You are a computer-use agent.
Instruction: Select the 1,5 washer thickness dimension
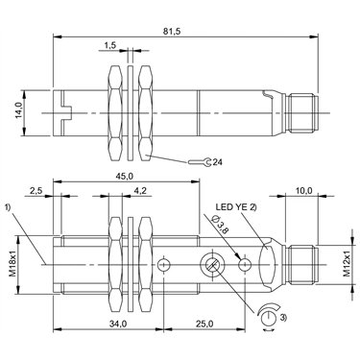click(109, 45)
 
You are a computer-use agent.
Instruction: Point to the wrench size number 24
click(218, 162)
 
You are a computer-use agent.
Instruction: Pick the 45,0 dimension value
click(125, 176)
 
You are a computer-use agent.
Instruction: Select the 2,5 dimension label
click(36, 191)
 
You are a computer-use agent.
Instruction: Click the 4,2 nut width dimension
click(140, 191)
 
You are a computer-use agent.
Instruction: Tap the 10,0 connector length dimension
click(303, 191)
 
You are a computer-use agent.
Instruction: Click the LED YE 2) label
click(236, 207)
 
